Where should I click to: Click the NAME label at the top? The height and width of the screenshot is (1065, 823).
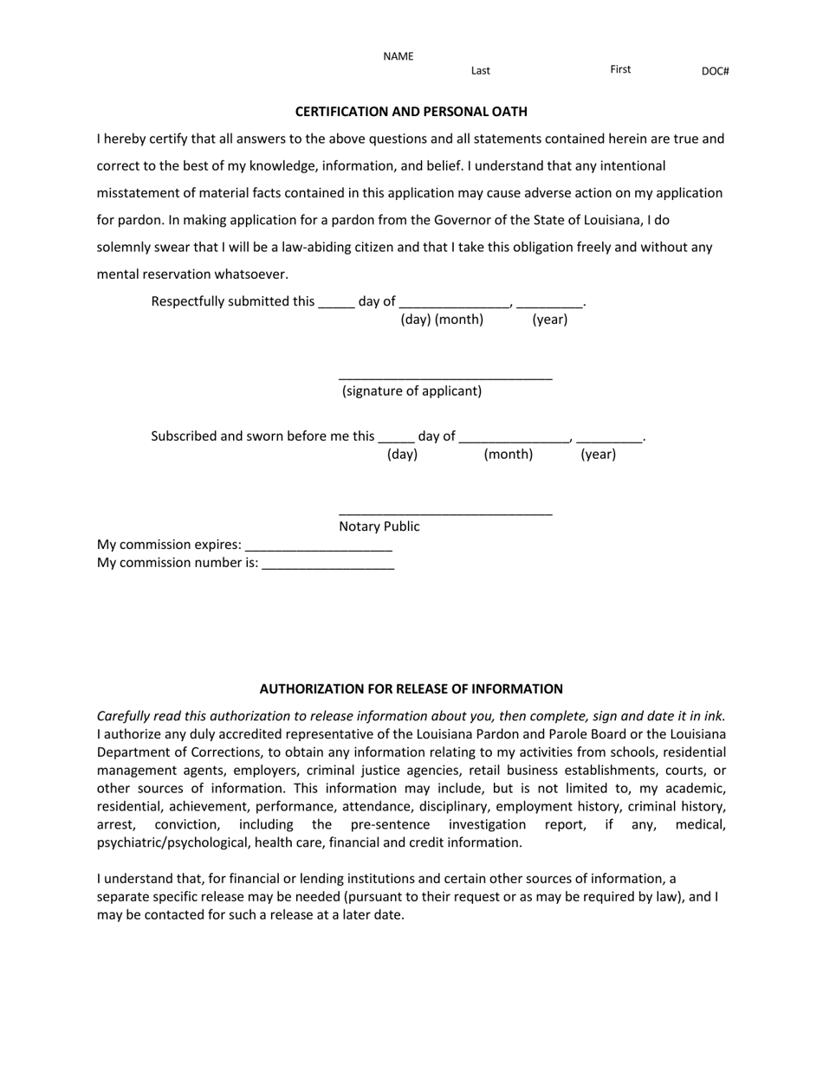coord(399,57)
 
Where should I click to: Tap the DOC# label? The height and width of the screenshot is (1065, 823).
coord(715,72)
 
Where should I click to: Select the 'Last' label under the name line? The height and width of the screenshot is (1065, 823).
coord(481,71)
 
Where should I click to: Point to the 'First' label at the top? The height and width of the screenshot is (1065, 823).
coord(620,69)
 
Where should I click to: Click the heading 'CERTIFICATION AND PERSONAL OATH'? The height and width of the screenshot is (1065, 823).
coord(411,112)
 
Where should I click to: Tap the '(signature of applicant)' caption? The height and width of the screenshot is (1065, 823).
coord(411,391)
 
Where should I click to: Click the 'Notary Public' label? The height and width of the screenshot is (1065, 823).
coord(379,526)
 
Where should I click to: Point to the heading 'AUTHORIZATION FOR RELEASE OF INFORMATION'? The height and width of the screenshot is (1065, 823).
coord(411,689)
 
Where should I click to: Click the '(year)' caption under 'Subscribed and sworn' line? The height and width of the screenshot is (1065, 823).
coord(598,455)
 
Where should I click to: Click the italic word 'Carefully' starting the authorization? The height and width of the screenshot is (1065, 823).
coord(126,716)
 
